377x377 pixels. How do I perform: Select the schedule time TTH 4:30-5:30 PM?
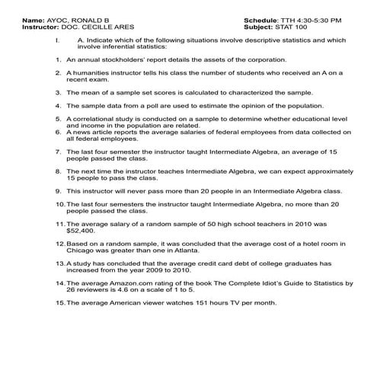click(x=307, y=19)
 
